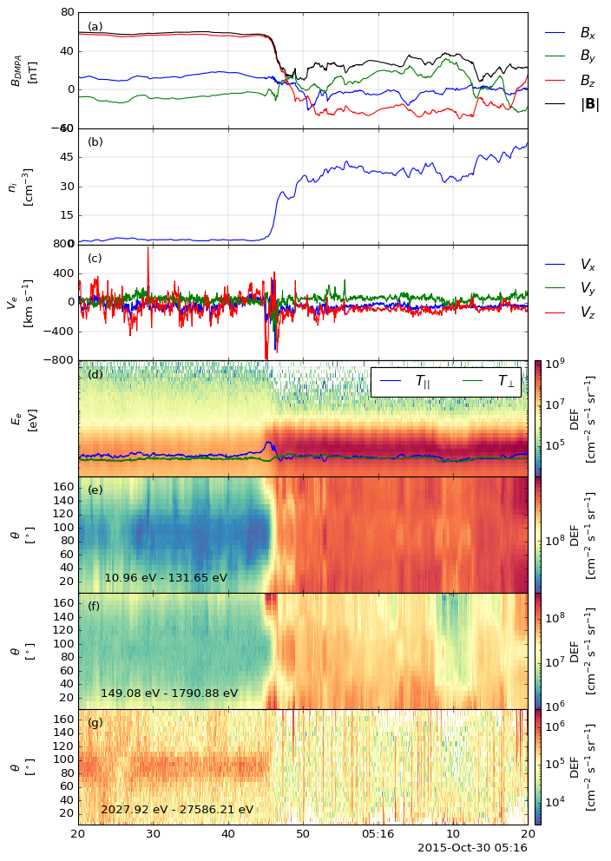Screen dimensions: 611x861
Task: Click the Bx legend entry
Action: pyautogui.click(x=570, y=33)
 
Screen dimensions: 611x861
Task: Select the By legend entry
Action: pyautogui.click(x=570, y=56)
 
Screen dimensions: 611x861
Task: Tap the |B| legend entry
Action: pyautogui.click(x=571, y=103)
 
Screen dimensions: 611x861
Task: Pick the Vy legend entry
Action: pyautogui.click(x=570, y=289)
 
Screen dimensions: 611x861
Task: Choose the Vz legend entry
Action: pyautogui.click(x=570, y=313)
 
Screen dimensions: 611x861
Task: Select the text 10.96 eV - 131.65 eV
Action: pyautogui.click(x=166, y=578)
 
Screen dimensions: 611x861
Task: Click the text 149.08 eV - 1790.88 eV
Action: pyautogui.click(x=169, y=693)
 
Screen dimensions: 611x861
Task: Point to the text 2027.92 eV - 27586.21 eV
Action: pyautogui.click(x=177, y=810)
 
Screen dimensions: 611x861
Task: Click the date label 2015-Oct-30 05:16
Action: pyautogui.click(x=472, y=848)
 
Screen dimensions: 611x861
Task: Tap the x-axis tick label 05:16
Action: pyautogui.click(x=378, y=834)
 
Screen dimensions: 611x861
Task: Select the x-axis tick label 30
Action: pyautogui.click(x=153, y=834)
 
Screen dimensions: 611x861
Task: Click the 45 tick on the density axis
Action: pyautogui.click(x=67, y=158)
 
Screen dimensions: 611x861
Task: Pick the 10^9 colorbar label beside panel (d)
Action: pyautogui.click(x=555, y=365)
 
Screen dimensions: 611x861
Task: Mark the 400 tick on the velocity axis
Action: pyautogui.click(x=64, y=273)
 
